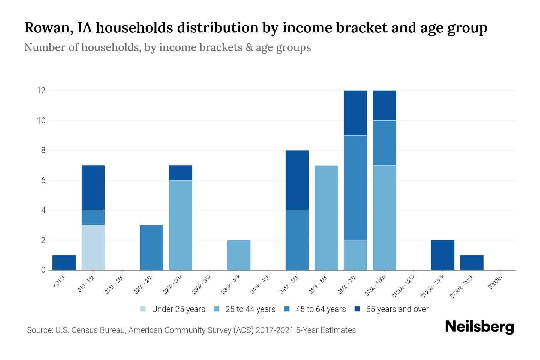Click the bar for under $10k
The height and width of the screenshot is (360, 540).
tap(64, 262)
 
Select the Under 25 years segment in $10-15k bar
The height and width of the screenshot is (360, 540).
tap(93, 247)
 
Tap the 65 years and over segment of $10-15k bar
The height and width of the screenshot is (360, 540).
tap(93, 187)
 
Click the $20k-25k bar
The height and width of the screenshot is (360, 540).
tap(151, 247)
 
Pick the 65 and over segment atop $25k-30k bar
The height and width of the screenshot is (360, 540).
tap(181, 172)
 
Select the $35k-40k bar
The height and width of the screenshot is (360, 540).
tap(239, 255)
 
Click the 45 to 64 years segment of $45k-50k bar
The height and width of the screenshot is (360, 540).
tap(297, 240)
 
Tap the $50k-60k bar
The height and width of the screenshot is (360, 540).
tap(326, 217)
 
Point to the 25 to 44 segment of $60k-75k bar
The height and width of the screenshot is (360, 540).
tap(355, 255)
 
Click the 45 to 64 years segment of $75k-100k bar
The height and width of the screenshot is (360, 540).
tap(384, 142)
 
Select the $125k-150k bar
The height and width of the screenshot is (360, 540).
tap(443, 255)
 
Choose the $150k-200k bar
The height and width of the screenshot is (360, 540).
tap(472, 262)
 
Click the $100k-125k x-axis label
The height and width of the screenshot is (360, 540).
tap(404, 287)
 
